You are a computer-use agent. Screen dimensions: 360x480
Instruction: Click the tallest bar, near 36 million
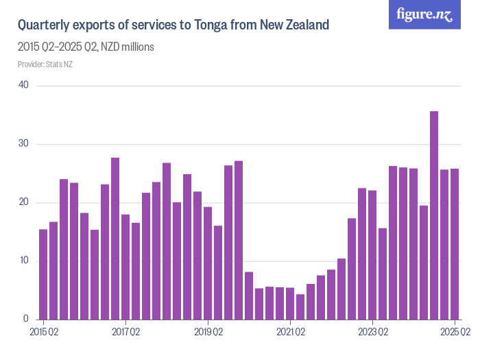[433, 215]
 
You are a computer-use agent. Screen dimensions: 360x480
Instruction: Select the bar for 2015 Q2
[43, 274]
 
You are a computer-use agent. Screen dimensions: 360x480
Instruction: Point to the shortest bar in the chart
[300, 307]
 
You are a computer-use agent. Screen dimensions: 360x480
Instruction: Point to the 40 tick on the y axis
[23, 86]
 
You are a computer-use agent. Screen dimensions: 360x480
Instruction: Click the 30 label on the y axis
[23, 144]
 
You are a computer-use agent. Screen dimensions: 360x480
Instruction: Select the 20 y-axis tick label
[23, 202]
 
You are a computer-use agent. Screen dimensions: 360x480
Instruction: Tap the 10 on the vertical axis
[23, 261]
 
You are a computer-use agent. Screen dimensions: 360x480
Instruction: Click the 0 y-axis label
[25, 319]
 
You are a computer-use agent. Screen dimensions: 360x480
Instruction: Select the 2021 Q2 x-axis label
[290, 333]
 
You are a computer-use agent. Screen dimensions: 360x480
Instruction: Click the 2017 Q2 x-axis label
[125, 333]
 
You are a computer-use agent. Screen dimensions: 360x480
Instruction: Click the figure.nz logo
[424, 15]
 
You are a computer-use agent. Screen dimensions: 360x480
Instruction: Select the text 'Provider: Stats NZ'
[45, 64]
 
